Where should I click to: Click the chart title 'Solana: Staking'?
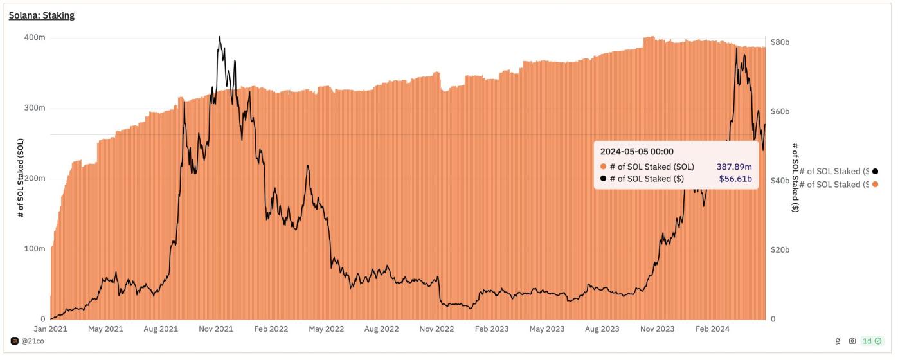click(x=41, y=15)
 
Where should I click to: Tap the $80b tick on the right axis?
click(x=780, y=42)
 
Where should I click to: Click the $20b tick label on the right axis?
click(x=780, y=249)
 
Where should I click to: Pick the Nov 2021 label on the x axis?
click(x=215, y=329)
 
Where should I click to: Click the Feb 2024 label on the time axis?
click(x=712, y=329)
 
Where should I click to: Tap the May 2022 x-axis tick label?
click(x=326, y=329)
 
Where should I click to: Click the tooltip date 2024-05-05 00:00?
click(x=636, y=152)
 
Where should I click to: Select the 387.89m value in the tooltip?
click(x=734, y=166)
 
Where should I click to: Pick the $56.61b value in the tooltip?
click(x=735, y=179)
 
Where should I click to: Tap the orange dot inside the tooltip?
click(x=603, y=166)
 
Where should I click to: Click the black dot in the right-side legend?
click(x=876, y=171)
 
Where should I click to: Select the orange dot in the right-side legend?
click(x=876, y=184)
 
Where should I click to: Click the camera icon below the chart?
click(x=852, y=341)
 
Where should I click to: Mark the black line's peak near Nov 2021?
click(x=219, y=37)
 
